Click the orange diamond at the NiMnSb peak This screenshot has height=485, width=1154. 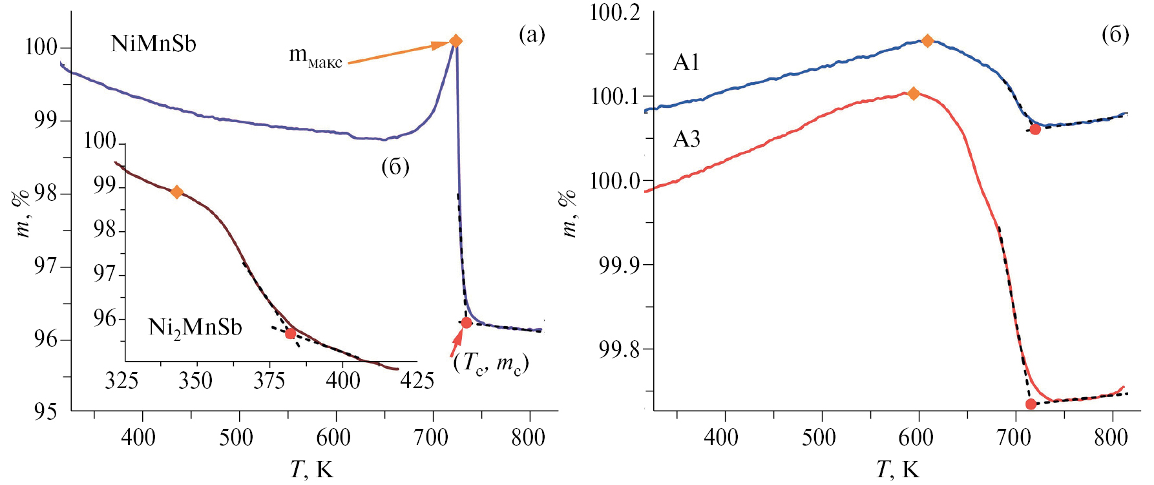[x=456, y=41]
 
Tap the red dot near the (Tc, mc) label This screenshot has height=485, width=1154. [x=466, y=322]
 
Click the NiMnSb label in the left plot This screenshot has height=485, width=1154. [x=154, y=44]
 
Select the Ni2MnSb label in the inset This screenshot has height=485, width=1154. [x=195, y=328]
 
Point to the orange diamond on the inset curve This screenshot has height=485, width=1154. [x=176, y=192]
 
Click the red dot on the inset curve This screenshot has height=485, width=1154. [x=290, y=333]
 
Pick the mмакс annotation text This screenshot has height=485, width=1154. [x=315, y=57]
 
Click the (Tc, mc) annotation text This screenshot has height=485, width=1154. [x=491, y=363]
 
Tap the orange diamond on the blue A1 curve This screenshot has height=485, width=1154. [x=927, y=41]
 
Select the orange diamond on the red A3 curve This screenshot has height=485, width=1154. [x=913, y=94]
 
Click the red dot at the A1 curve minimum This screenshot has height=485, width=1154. [x=1035, y=129]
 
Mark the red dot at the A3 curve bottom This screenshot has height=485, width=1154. [x=1031, y=404]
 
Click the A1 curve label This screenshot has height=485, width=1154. [x=686, y=62]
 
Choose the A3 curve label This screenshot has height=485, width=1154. [x=686, y=139]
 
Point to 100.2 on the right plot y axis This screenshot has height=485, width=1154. [x=614, y=13]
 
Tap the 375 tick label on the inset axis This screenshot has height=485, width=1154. [x=269, y=381]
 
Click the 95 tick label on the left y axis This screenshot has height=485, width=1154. [x=45, y=412]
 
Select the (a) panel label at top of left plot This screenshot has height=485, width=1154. [x=532, y=35]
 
